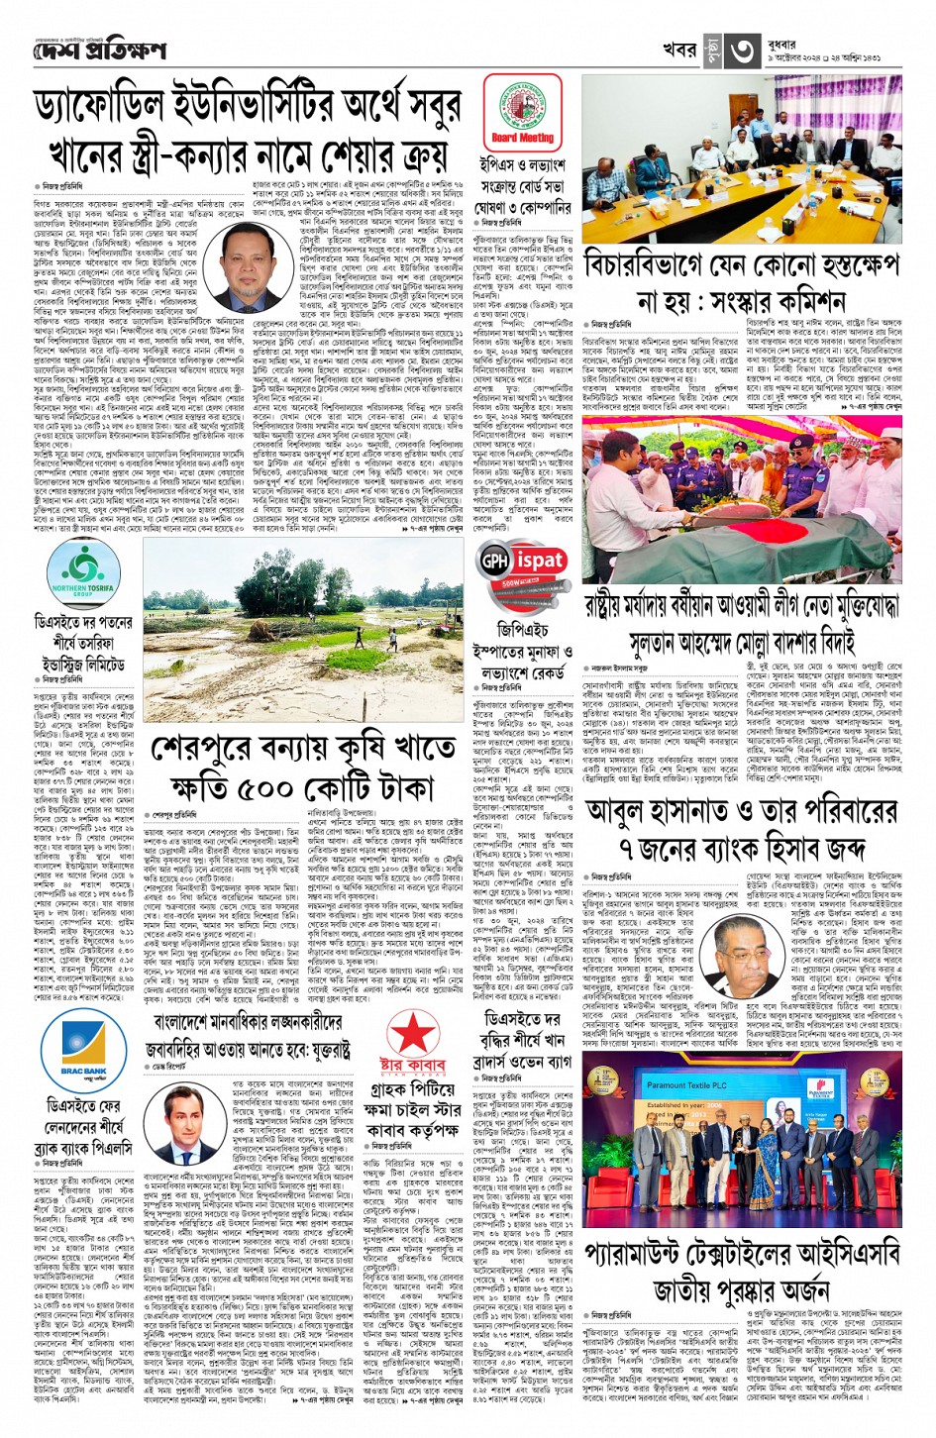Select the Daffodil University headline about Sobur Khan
pyautogui.click(x=248, y=133)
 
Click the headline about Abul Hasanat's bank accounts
pyautogui.click(x=743, y=833)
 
